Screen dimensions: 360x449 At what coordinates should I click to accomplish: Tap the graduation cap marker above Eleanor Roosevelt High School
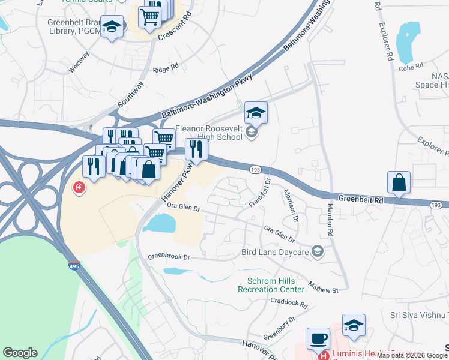tap(256, 113)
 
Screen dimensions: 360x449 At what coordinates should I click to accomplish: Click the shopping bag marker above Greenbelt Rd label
tap(399, 182)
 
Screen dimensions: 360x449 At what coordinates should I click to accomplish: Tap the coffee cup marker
tap(319, 338)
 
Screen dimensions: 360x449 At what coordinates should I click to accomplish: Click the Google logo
tap(20, 353)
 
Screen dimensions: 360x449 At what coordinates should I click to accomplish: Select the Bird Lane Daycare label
tap(276, 253)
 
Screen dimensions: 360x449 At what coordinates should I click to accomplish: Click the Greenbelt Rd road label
tap(360, 199)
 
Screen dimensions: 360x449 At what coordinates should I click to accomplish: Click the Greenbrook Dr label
tap(169, 257)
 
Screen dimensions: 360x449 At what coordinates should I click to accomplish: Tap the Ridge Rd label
tap(166, 69)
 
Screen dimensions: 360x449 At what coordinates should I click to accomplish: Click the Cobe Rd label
tap(412, 65)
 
